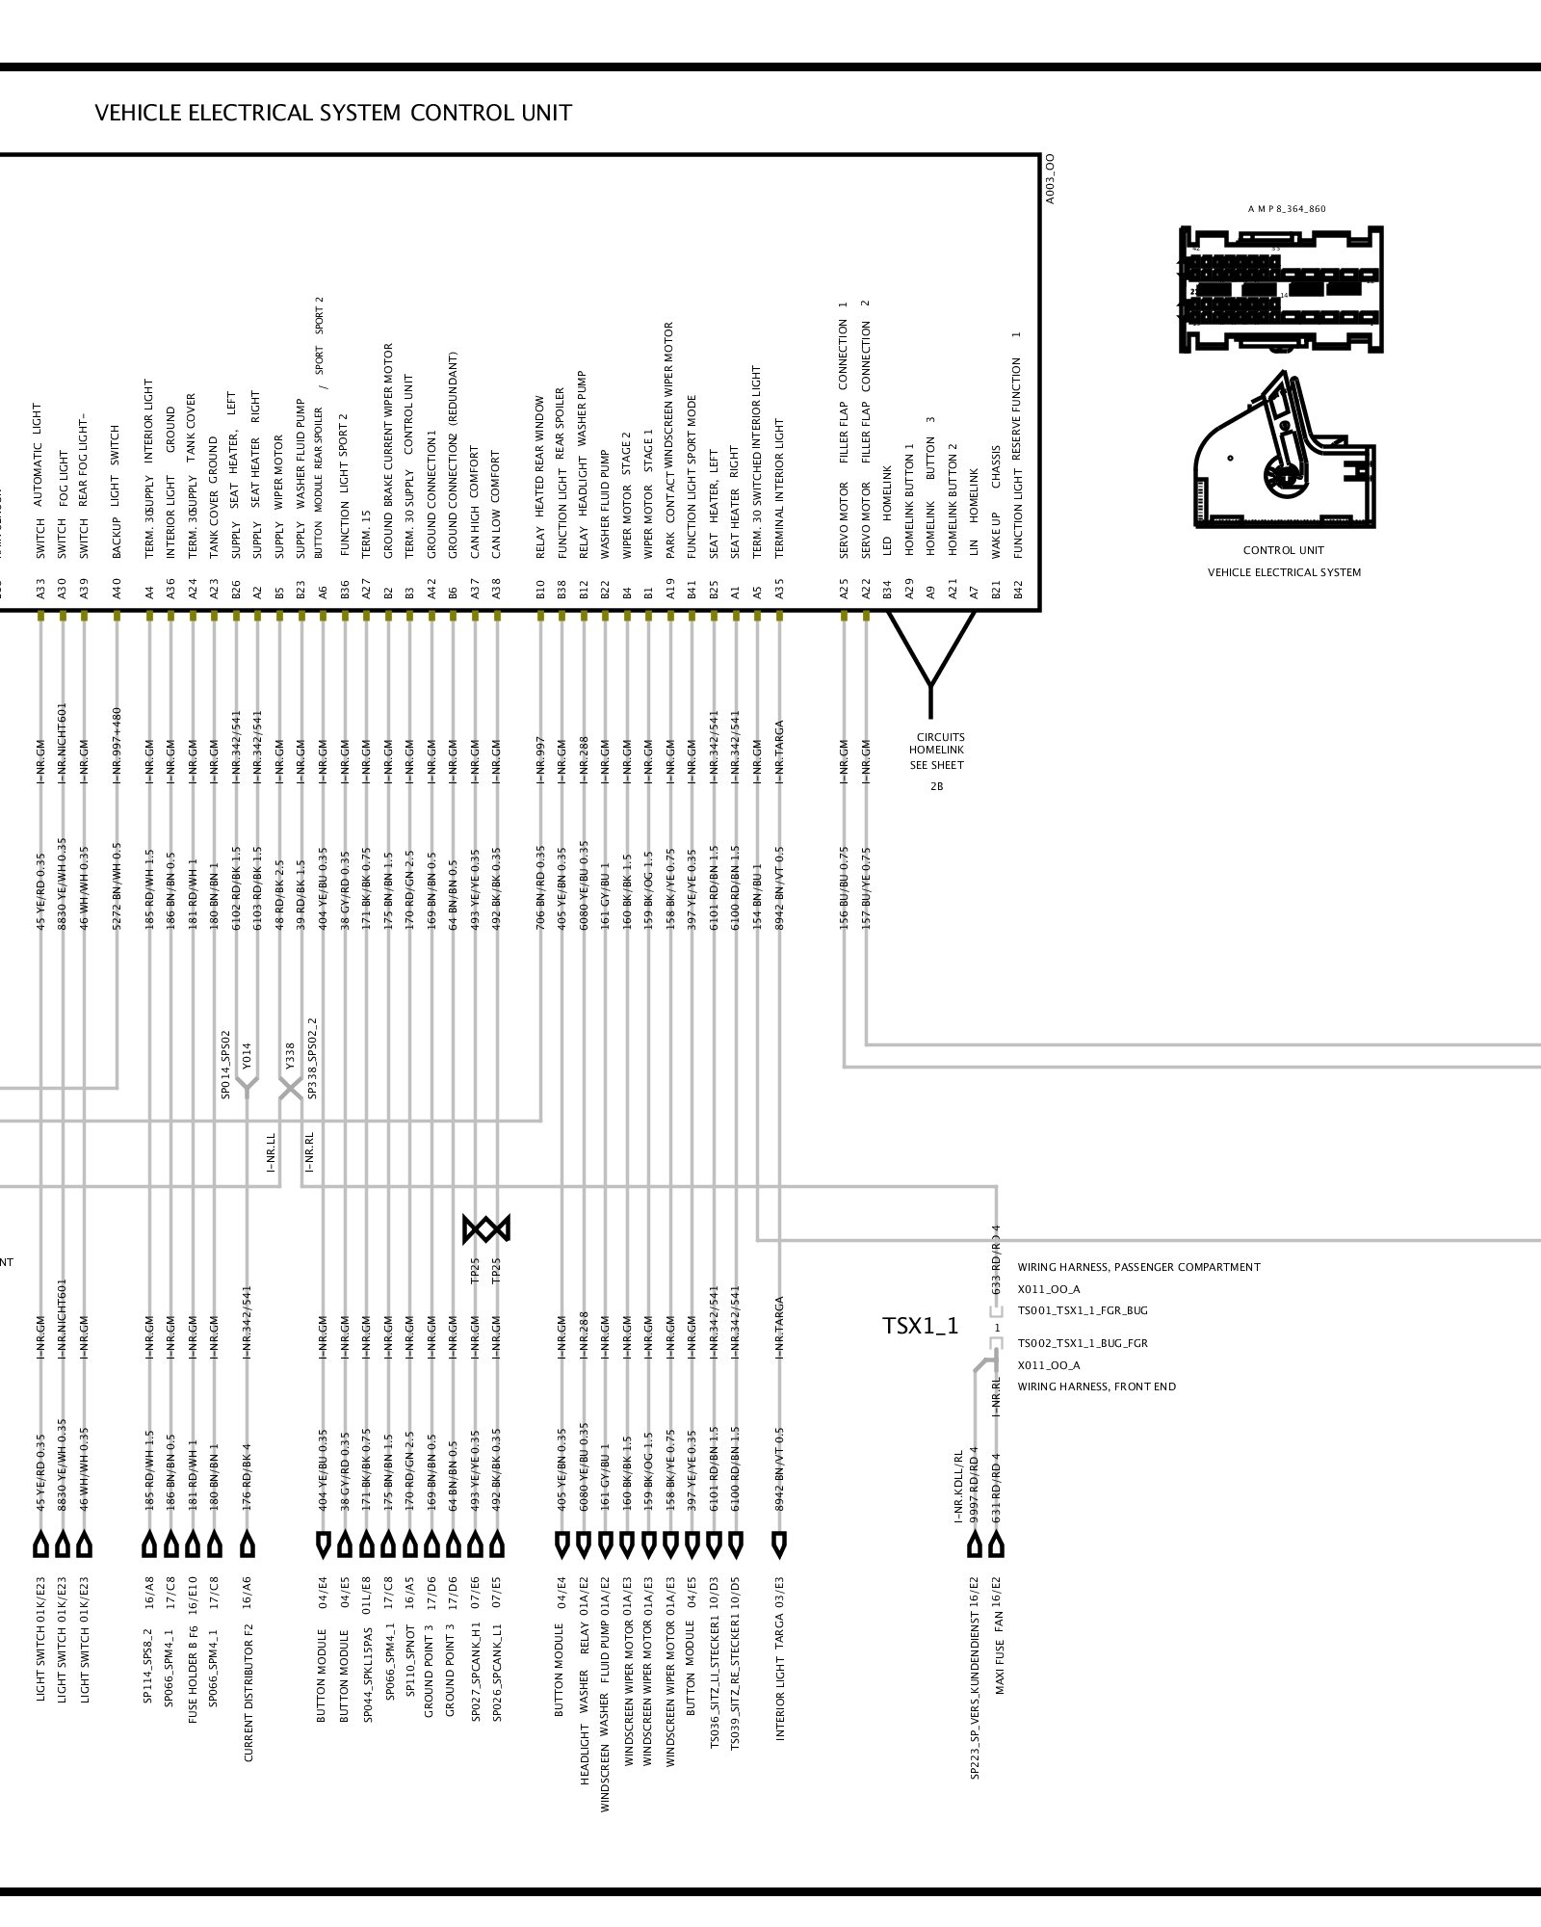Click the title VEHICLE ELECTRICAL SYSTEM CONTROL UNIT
click(x=333, y=114)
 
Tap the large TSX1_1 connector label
click(x=921, y=1326)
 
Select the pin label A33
click(x=40, y=590)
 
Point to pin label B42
click(x=1017, y=590)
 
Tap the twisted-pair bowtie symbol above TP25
click(x=485, y=1228)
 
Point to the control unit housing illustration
click(x=1283, y=453)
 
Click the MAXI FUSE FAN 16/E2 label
click(x=999, y=1640)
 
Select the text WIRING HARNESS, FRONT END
click(x=1096, y=1386)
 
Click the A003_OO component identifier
click(x=1051, y=178)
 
